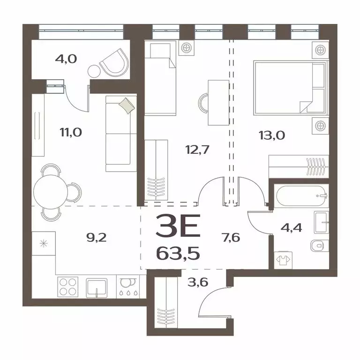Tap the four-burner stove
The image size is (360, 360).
click(67, 286)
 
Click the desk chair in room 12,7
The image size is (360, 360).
click(206, 103)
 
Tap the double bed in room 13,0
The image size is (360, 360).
click(289, 87)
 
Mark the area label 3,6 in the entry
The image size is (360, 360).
click(194, 284)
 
